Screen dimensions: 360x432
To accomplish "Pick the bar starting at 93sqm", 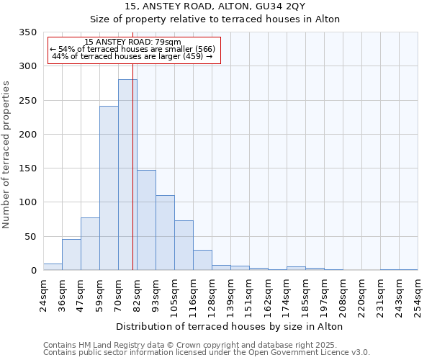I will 165,233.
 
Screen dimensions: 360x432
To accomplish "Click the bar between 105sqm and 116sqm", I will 184,246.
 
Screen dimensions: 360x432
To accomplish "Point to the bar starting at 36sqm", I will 71,255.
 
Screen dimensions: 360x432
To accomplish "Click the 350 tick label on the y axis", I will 27,32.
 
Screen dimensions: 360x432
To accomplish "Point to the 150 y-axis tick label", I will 27,168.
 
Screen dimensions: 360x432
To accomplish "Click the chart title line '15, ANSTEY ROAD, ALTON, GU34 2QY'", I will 216,6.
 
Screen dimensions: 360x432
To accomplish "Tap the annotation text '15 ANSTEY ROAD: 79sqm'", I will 133,42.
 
